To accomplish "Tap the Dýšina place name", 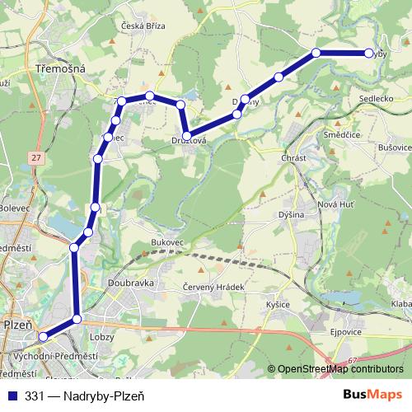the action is (291, 215).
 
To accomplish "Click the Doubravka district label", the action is (130, 282).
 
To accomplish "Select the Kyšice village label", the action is (278, 305).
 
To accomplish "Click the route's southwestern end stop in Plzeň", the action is (43, 336).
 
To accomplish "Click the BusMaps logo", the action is (372, 394).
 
